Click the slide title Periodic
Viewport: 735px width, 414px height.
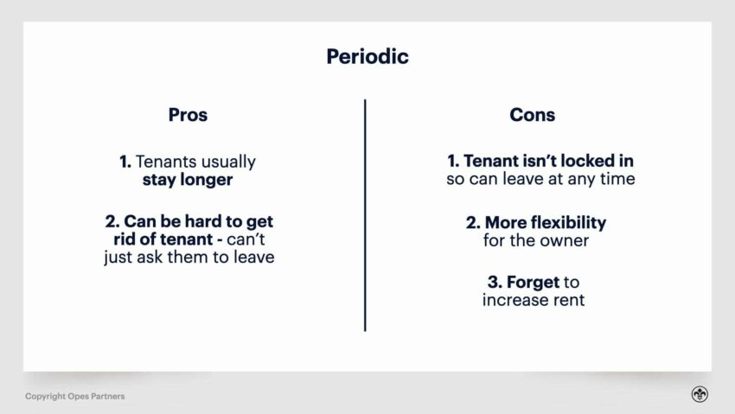pos(367,57)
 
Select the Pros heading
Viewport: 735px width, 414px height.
pos(188,115)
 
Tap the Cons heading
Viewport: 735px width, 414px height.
pos(533,115)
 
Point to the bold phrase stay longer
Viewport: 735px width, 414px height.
pos(188,181)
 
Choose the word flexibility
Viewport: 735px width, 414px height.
pos(565,222)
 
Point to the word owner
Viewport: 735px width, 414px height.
pos(565,240)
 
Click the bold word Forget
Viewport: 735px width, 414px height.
pos(534,282)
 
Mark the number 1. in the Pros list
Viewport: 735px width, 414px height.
pos(125,162)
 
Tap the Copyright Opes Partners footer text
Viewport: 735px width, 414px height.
pos(74,396)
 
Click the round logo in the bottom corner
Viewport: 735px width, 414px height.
pos(699,394)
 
